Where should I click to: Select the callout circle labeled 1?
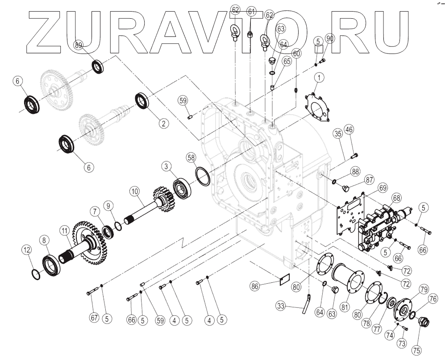coord(319,79)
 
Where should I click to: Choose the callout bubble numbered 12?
coord(27,250)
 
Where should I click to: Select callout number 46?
coord(349,130)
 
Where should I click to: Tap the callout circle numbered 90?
coord(330,38)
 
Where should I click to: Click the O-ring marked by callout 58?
coord(203,176)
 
